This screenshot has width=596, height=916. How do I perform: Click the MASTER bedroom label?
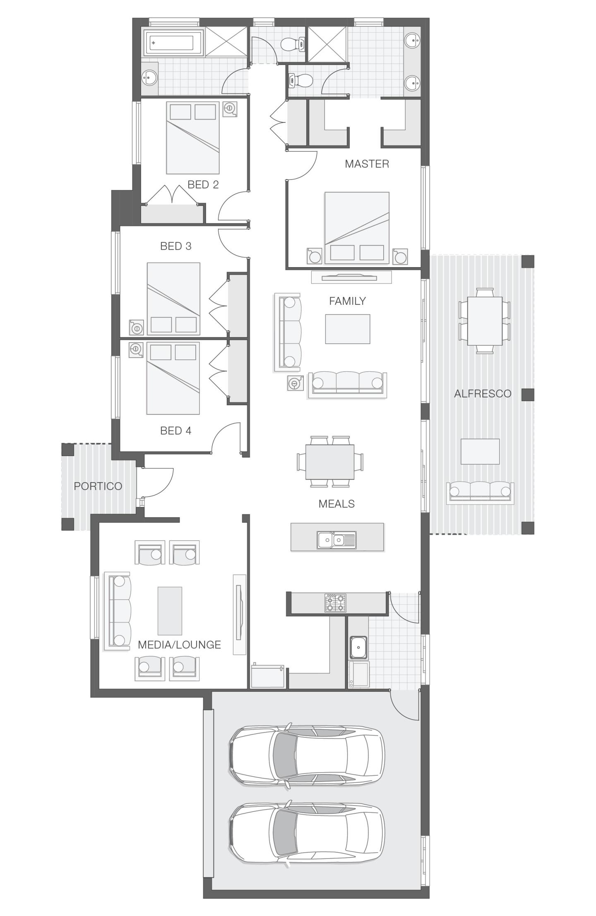pyautogui.click(x=367, y=164)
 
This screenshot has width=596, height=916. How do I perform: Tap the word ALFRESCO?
pyautogui.click(x=483, y=393)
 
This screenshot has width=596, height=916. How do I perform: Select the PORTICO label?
pyautogui.click(x=98, y=486)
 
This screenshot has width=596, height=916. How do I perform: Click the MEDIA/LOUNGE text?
pyautogui.click(x=179, y=644)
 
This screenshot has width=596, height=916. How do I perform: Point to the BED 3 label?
pyautogui.click(x=175, y=246)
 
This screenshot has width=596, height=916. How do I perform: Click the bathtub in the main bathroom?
pyautogui.click(x=173, y=43)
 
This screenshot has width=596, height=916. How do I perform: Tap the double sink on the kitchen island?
pyautogui.click(x=336, y=540)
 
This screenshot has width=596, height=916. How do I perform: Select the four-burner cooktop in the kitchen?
pyautogui.click(x=335, y=603)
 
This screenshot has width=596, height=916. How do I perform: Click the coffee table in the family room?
pyautogui.click(x=347, y=329)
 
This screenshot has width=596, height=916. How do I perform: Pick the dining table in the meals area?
pyautogui.click(x=330, y=462)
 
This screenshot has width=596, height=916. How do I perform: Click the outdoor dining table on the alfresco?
pyautogui.click(x=485, y=321)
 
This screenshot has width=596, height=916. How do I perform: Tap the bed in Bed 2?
pyautogui.click(x=192, y=138)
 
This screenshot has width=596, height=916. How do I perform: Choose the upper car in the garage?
pyautogui.click(x=306, y=756)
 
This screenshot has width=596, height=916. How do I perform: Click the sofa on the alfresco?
pyautogui.click(x=480, y=492)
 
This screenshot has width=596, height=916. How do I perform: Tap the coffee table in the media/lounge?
pyautogui.click(x=170, y=610)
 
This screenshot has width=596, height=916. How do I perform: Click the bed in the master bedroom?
pyautogui.click(x=357, y=227)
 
